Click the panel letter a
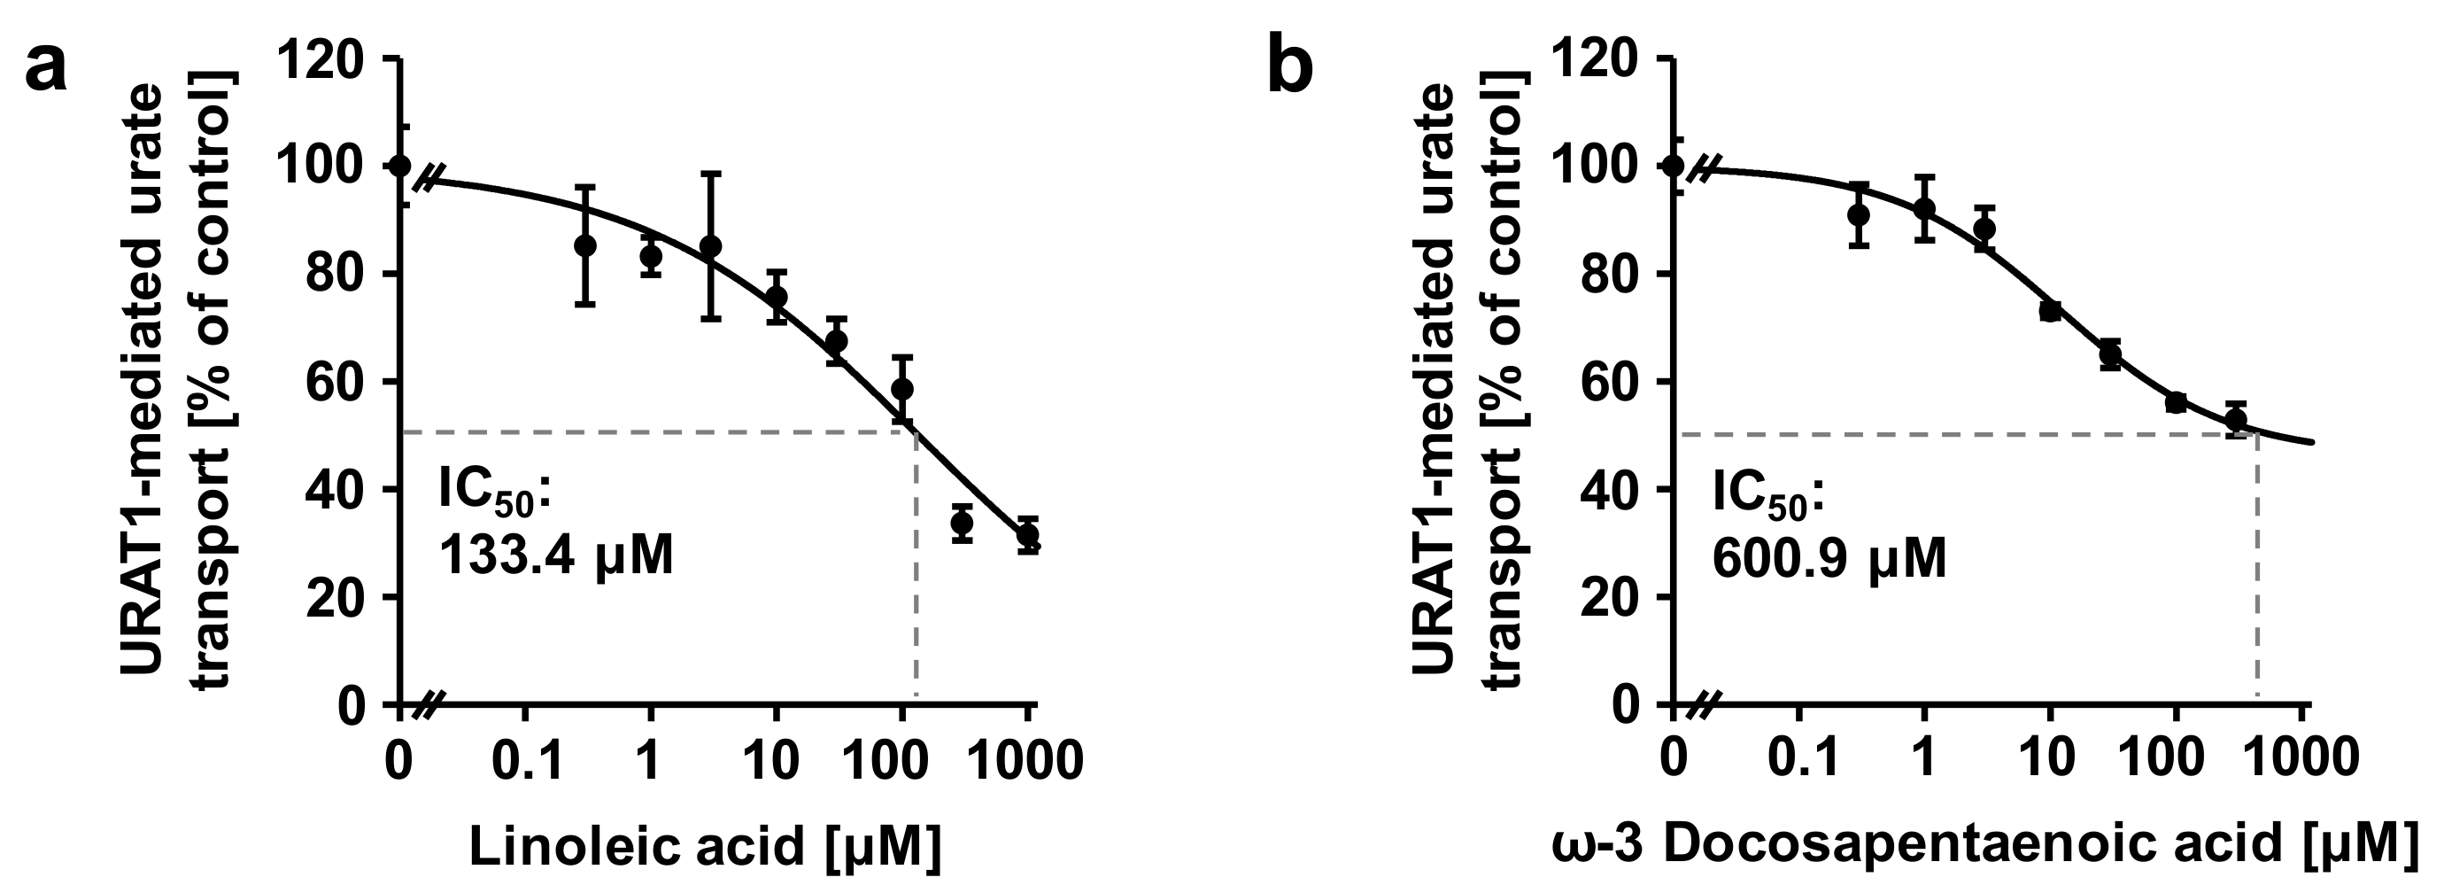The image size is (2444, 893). coord(45,68)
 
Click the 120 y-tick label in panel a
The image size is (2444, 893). coord(320,59)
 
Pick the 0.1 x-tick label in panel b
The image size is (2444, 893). coord(1796,761)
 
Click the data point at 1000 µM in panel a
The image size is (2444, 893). coord(1027,536)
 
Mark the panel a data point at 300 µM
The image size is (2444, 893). coord(962,523)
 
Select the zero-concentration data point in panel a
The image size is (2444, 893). coord(400,166)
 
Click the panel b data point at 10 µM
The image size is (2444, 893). coord(2050,310)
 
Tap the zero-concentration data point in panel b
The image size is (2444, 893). coord(1674,166)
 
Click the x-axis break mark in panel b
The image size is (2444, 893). coord(1705,705)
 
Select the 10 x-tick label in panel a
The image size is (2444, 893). coord(775,761)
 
